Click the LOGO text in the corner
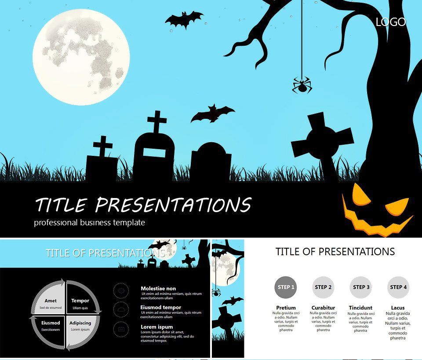click(x=391, y=22)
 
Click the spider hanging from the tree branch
click(x=302, y=85)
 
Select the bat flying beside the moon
click(x=184, y=20)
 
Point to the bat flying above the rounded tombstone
click(x=212, y=114)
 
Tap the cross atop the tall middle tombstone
click(x=157, y=122)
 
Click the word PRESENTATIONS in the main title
click(x=173, y=205)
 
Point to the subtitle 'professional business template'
click(x=89, y=223)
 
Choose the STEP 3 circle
click(x=361, y=287)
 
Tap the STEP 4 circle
click(x=398, y=287)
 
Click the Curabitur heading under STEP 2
click(x=323, y=308)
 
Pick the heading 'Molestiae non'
click(x=158, y=289)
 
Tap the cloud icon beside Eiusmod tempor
click(x=121, y=309)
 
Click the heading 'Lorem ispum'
click(x=156, y=327)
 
